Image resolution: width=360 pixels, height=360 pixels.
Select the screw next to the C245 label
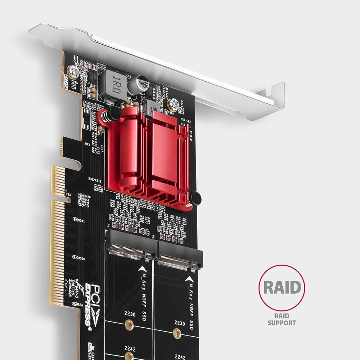75,73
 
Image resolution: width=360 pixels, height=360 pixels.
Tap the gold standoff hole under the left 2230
128,325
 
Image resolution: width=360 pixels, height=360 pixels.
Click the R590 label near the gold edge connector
81,259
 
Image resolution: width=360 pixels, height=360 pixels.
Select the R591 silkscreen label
81,221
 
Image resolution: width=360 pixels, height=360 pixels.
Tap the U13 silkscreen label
87,144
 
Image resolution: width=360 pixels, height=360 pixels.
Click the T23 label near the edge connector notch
68,195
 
